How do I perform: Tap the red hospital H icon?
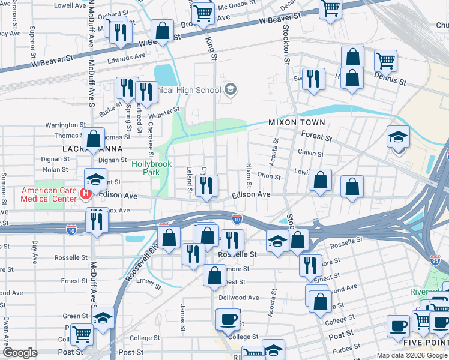pyautogui.click(x=86, y=193)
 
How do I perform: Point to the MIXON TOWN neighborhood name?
pyautogui.click(x=297, y=123)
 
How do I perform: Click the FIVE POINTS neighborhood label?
pyautogui.click(x=428, y=343)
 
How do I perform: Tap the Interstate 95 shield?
pyautogui.click(x=436, y=260)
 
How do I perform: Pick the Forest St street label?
pyautogui.click(x=318, y=137)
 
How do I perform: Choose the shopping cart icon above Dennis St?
pyautogui.click(x=385, y=59)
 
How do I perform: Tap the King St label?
pyautogui.click(x=211, y=49)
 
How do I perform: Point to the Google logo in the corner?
pyautogui.click(x=20, y=353)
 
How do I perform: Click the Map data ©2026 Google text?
pyautogui.click(x=411, y=355)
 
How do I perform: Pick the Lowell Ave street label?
pyautogui.click(x=70, y=5)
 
